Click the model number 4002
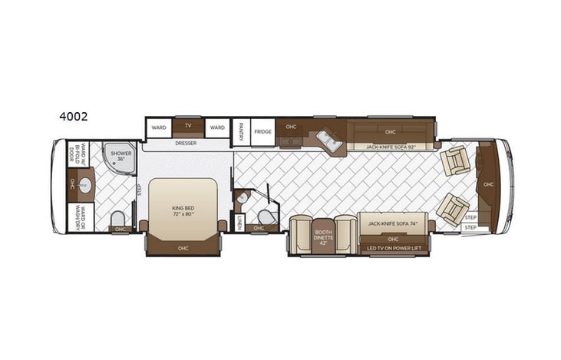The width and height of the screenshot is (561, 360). [73, 117]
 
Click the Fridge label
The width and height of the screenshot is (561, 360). [263, 130]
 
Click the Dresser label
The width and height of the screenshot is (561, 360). [186, 143]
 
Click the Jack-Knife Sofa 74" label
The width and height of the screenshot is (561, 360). [392, 223]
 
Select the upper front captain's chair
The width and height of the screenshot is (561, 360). [455, 160]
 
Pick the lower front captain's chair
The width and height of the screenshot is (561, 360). [452, 208]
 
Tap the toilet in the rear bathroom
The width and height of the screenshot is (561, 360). [118, 217]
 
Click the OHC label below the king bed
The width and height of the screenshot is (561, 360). [183, 248]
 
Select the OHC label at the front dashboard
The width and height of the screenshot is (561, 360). [489, 184]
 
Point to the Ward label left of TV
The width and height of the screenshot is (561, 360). [159, 127]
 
